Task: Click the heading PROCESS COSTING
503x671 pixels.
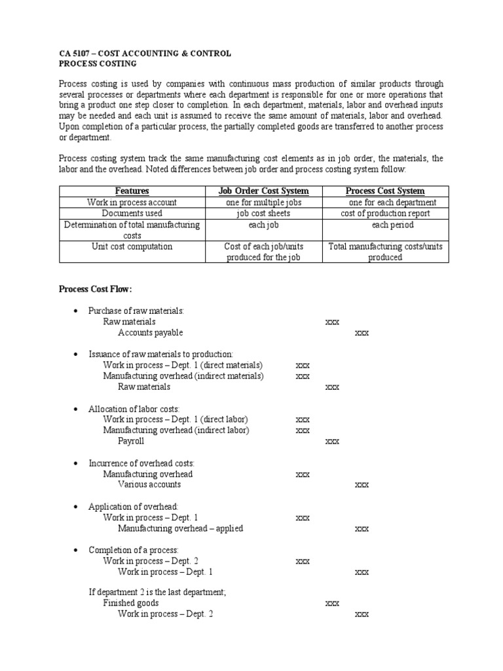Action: coord(98,63)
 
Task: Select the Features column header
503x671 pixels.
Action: coord(132,191)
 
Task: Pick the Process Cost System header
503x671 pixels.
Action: coord(385,191)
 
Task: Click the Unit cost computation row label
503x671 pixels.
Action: coord(132,246)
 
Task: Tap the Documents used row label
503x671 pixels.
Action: coord(132,214)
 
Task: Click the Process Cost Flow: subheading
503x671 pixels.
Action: coord(96,288)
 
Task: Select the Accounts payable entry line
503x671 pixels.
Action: coord(150,333)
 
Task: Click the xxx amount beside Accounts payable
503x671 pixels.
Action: coord(362,333)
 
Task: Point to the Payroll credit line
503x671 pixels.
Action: coord(131,441)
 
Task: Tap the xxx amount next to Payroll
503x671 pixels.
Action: coord(332,441)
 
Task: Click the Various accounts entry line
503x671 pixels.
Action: coord(149,484)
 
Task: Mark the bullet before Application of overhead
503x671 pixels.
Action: coord(77,507)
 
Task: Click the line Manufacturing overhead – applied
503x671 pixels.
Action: coord(180,528)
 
